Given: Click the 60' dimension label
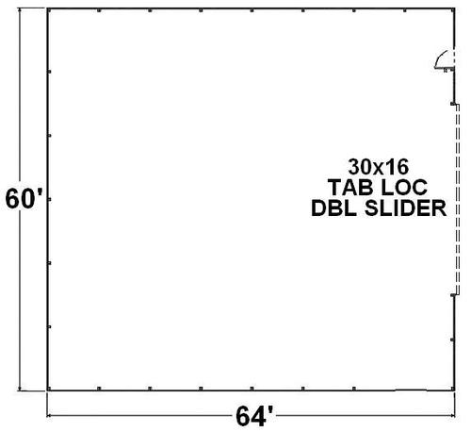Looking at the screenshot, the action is click(24, 199).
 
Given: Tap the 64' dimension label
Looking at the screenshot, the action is click(254, 417).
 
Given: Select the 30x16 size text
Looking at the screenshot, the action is click(379, 167).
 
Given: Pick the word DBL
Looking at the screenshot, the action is click(333, 208).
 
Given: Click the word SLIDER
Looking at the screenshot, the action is click(405, 208).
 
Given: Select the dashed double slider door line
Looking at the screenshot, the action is click(458, 199).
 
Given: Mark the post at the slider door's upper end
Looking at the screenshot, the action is click(453, 104).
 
